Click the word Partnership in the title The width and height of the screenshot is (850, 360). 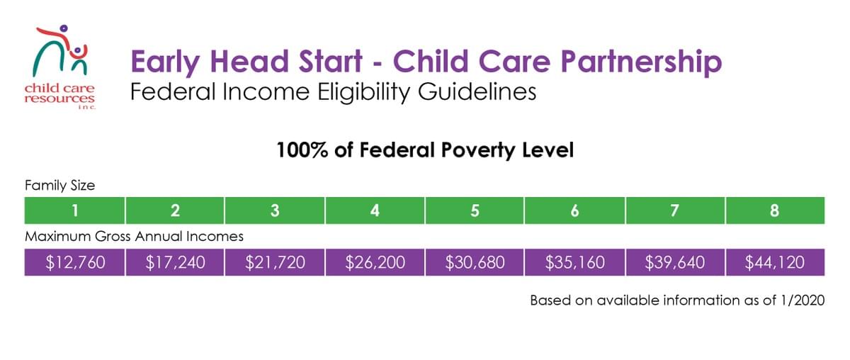(x=641, y=62)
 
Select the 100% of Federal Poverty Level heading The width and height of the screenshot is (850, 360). (x=424, y=150)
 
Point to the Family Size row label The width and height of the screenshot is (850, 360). (x=59, y=186)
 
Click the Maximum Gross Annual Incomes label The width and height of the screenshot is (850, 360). (x=134, y=235)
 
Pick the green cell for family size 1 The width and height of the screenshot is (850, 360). (x=74, y=210)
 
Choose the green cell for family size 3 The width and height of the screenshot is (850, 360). (x=274, y=210)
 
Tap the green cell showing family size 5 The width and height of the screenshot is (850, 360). (x=475, y=210)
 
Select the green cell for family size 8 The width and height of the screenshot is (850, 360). (x=775, y=210)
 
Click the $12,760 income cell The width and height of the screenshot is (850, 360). (x=74, y=262)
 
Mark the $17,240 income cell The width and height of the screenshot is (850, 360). (x=174, y=262)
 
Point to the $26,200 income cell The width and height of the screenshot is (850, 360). (x=375, y=262)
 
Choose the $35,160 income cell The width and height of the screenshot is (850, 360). (x=574, y=262)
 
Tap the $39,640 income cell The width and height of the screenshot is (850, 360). (x=674, y=262)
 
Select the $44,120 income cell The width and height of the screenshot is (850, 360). (x=775, y=262)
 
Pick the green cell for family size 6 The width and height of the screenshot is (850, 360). (x=574, y=210)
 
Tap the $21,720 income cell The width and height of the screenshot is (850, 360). (x=274, y=262)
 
